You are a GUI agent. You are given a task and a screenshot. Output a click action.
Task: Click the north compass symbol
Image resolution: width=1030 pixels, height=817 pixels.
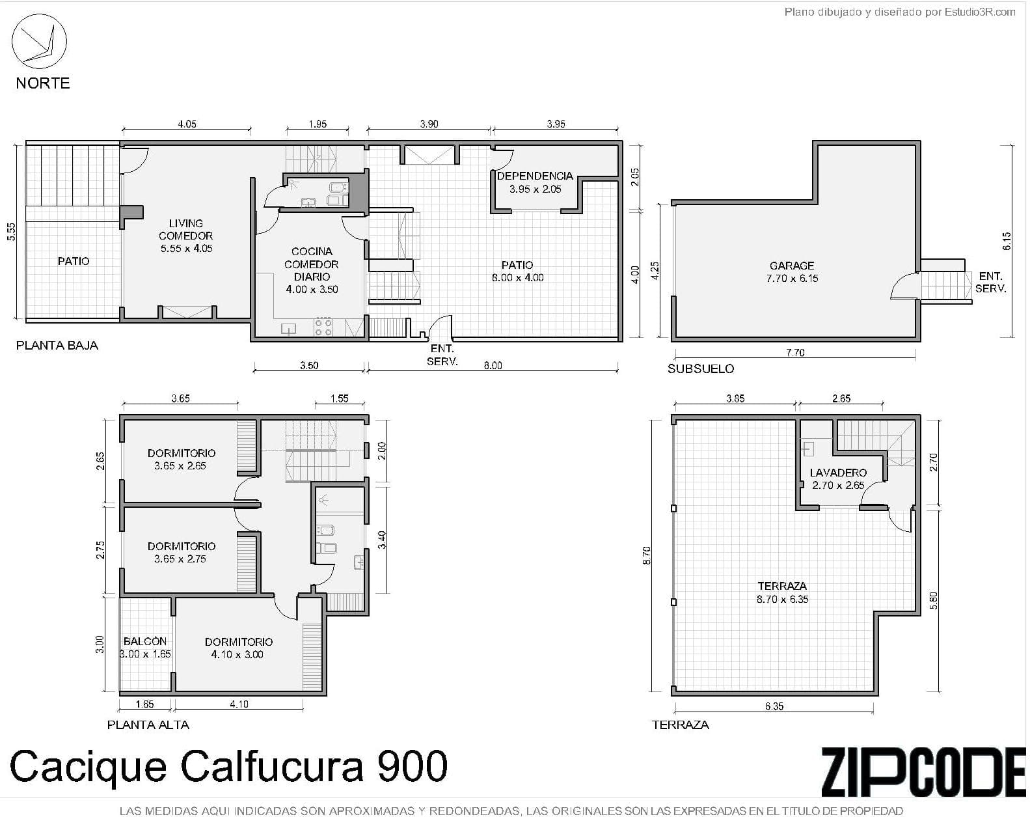(39, 41)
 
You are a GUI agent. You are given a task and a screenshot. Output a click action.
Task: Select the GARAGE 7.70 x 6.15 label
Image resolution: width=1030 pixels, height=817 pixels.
(792, 272)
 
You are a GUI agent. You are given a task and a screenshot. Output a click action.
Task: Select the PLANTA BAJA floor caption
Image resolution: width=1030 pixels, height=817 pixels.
(57, 345)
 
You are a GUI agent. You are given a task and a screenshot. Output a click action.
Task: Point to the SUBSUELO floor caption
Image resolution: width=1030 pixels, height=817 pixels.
(701, 368)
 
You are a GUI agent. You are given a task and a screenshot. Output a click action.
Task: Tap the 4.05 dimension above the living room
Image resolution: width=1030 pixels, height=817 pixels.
(187, 124)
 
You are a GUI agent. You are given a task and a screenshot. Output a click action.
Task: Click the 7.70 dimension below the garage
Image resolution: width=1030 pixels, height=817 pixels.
(795, 353)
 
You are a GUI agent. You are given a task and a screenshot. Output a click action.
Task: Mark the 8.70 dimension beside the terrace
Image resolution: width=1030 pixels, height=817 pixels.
(646, 555)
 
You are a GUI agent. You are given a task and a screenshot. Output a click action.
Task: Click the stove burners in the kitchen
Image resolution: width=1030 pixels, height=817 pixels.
(323, 326)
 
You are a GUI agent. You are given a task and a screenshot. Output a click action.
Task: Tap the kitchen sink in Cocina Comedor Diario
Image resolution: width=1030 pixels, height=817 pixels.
(288, 329)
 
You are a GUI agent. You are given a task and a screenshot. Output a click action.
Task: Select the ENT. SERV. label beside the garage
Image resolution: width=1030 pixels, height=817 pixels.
(990, 283)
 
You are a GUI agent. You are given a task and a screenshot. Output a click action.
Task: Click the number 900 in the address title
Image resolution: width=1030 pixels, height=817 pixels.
(412, 766)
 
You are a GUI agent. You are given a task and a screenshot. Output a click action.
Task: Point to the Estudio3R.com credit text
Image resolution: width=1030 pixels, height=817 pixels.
(980, 12)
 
